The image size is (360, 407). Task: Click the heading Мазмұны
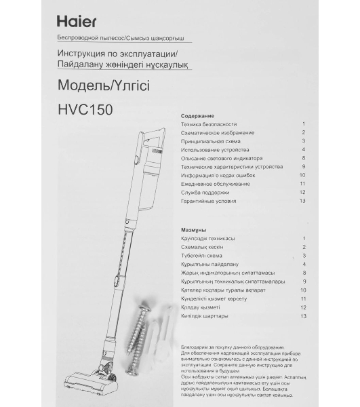[195, 230]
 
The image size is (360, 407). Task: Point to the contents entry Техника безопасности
[209, 125]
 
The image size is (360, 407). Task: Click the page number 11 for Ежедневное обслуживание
[302, 184]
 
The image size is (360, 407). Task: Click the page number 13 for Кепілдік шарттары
[304, 316]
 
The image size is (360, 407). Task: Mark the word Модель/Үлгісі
[92, 85]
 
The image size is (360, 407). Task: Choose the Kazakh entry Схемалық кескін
[203, 247]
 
